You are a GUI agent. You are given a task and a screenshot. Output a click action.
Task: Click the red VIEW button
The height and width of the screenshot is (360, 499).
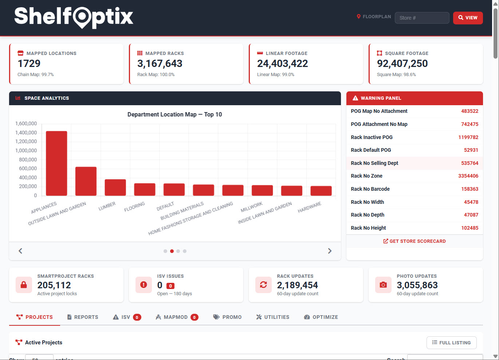coord(468,18)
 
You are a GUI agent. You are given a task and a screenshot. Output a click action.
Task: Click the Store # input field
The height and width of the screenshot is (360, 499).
coord(422,18)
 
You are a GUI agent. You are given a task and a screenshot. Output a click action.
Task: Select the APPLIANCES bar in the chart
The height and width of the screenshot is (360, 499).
coord(56,163)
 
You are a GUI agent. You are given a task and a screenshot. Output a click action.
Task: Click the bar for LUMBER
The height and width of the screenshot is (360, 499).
coord(115,187)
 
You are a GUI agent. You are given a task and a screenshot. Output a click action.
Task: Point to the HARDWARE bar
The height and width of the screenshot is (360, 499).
coord(321,191)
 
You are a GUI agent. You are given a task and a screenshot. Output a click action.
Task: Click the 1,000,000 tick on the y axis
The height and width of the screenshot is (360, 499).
coord(26,151)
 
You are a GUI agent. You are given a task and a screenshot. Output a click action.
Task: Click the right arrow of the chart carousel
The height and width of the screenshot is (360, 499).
coord(330,251)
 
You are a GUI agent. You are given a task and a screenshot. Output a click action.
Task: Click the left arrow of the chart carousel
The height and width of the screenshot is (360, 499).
coord(20,251)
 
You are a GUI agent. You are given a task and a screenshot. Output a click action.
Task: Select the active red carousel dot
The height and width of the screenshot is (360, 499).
coord(172,251)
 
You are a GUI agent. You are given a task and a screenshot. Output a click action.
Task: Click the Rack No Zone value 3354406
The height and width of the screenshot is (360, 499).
coord(468,176)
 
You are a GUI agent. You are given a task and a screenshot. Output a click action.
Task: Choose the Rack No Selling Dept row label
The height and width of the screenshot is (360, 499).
coord(374,163)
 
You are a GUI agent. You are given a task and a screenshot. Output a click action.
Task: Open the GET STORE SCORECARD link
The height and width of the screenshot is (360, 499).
coord(414,241)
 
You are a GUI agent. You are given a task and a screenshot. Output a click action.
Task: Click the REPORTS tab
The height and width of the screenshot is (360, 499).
coord(83,317)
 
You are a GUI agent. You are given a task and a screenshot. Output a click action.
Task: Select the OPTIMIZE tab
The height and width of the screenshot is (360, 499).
coord(321,317)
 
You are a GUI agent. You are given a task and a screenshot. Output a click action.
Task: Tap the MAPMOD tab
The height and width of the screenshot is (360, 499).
coord(176,317)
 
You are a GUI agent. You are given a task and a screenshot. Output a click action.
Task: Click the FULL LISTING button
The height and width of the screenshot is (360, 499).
coord(451,343)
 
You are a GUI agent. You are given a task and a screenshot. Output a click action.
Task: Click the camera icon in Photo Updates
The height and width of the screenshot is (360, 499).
coord(383,285)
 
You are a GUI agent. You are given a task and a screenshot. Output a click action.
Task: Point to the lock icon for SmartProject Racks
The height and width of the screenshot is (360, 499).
coord(24,285)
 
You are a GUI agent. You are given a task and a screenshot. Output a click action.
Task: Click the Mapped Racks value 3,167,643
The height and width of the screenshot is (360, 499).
coord(160,64)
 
